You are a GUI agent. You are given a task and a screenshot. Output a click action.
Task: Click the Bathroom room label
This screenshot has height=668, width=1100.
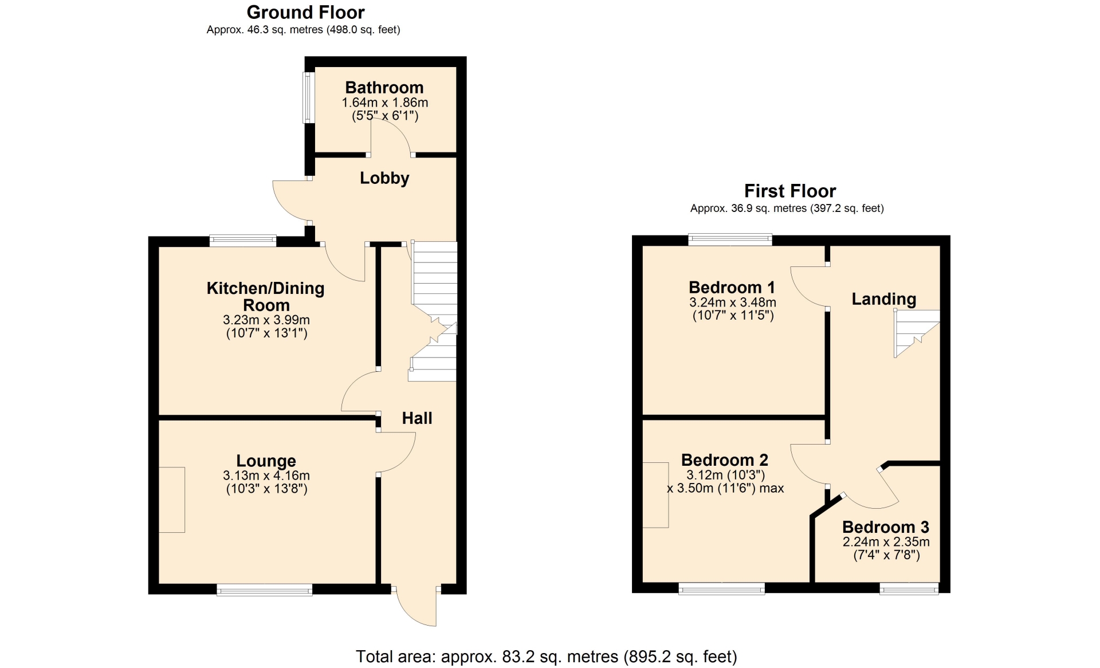click(x=384, y=88)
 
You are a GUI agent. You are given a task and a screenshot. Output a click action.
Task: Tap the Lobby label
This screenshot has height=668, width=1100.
click(x=384, y=178)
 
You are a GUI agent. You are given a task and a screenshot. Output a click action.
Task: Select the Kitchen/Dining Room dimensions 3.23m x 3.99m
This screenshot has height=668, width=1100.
click(x=266, y=320)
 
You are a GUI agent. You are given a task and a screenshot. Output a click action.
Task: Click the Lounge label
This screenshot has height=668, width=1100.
click(x=266, y=461)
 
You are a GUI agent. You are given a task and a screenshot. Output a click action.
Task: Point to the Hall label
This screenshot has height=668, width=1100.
click(x=417, y=418)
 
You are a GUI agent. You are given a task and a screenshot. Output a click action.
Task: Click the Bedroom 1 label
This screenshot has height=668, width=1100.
click(x=732, y=287)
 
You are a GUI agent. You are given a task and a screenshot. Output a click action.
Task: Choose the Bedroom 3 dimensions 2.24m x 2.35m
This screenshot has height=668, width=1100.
click(x=886, y=542)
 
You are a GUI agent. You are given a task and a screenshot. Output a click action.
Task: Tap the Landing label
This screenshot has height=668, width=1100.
click(x=884, y=299)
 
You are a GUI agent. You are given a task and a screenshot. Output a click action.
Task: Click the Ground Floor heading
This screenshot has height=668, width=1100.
click(x=305, y=12)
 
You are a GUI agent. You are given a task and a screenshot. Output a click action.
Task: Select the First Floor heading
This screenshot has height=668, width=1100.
click(x=790, y=191)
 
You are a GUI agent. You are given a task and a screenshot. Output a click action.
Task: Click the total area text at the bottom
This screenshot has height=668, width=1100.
click(x=547, y=657)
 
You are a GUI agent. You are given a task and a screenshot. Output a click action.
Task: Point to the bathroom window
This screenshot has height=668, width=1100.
click(x=309, y=97)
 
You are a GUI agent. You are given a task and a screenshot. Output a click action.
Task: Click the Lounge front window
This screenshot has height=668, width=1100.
click(x=265, y=590)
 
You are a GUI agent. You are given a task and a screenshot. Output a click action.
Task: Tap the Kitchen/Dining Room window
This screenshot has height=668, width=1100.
click(x=243, y=241)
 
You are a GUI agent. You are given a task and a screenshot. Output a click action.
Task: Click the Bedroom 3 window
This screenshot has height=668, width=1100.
click(x=909, y=588)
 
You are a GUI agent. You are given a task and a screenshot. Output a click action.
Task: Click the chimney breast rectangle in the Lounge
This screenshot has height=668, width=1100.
click(x=172, y=500)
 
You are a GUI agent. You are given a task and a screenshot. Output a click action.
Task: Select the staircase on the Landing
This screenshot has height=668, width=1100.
click(x=917, y=333)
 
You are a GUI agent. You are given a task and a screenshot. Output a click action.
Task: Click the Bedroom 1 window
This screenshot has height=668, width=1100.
click(x=730, y=239)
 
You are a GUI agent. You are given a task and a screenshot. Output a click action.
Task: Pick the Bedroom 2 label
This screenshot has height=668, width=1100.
click(x=725, y=460)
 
